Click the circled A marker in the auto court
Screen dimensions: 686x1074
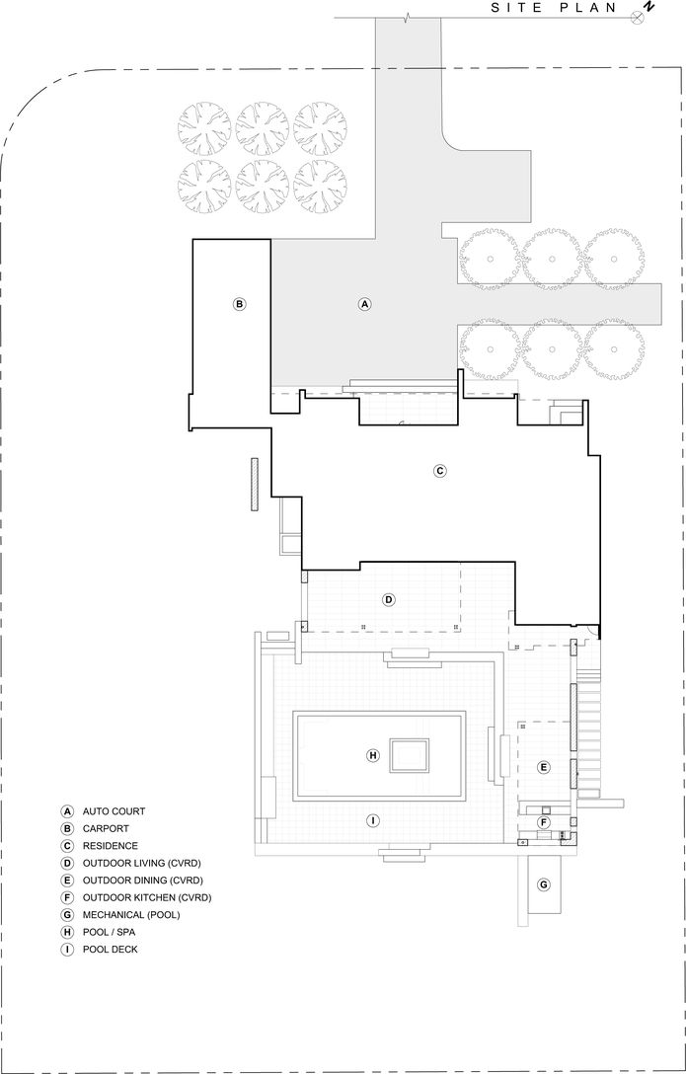pyautogui.click(x=364, y=304)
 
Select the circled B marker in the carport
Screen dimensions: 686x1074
pyautogui.click(x=239, y=304)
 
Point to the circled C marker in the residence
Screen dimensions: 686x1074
pyautogui.click(x=440, y=471)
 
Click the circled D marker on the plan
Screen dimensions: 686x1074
pyautogui.click(x=389, y=599)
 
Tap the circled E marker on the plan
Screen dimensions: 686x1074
pyautogui.click(x=543, y=767)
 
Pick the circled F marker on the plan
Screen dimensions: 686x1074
pyautogui.click(x=543, y=822)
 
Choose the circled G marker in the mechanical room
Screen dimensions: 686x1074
pyautogui.click(x=543, y=884)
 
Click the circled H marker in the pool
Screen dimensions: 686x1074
pyautogui.click(x=373, y=755)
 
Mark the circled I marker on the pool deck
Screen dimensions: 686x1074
pyautogui.click(x=373, y=820)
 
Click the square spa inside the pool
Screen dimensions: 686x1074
pyautogui.click(x=410, y=755)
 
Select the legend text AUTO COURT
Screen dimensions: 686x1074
pyautogui.click(x=114, y=811)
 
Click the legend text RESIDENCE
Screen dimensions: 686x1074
pyautogui.click(x=111, y=846)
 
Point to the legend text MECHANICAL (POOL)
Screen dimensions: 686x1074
pyautogui.click(x=132, y=915)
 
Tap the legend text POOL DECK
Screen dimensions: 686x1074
pyautogui.click(x=111, y=950)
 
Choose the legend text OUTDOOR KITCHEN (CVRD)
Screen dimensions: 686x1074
pyautogui.click(x=147, y=897)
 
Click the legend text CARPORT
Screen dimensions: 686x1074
pyautogui.click(x=106, y=829)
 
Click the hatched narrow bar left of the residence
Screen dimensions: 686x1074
pyautogui.click(x=254, y=485)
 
